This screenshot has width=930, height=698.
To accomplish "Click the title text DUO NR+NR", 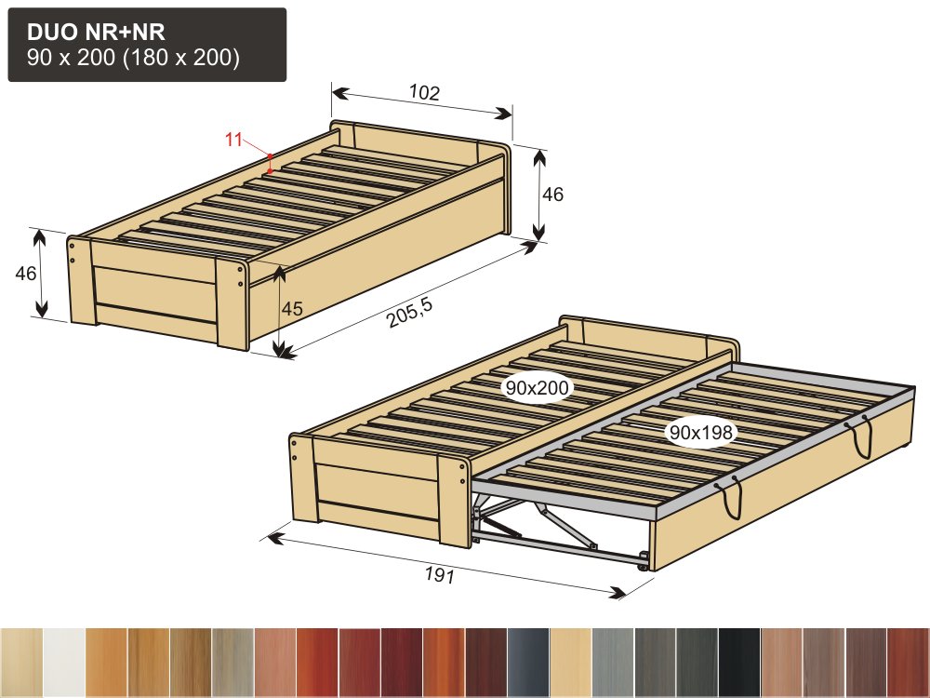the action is (x=96, y=32).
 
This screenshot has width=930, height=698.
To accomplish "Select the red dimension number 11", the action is (x=233, y=140).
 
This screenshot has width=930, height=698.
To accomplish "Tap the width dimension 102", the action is (x=425, y=92).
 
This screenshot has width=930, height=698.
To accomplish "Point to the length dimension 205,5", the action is (x=410, y=312).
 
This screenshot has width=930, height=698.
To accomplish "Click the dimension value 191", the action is (x=440, y=574).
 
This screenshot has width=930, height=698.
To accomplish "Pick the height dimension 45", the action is (x=292, y=309).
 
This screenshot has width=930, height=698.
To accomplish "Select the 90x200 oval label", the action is (x=537, y=387).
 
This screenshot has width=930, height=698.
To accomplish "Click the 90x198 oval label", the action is (x=701, y=432).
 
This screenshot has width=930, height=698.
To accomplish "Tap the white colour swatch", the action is (x=63, y=662).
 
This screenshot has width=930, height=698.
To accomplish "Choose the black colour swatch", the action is (x=739, y=662).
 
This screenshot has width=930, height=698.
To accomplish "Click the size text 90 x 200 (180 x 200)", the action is (x=133, y=58).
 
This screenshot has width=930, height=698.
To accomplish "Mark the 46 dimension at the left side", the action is (x=25, y=273).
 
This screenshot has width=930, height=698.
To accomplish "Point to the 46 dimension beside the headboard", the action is (x=552, y=195).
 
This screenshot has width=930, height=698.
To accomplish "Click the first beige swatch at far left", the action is (x=21, y=662).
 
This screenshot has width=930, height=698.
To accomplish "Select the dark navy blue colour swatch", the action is (x=528, y=662).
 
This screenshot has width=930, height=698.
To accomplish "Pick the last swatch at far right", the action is (x=908, y=662).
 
